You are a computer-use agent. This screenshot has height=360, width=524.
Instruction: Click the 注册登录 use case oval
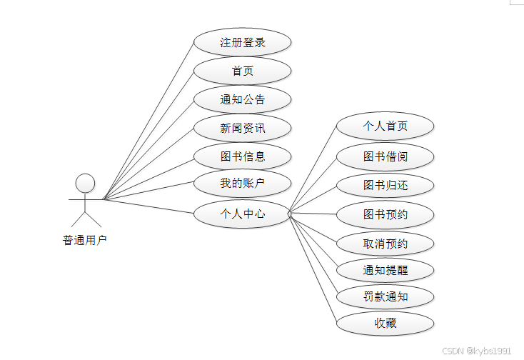(243, 42)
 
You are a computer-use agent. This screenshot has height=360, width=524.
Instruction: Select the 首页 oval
(243, 71)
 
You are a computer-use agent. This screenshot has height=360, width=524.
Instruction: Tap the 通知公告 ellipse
(243, 99)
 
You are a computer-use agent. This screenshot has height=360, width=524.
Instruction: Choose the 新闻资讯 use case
(243, 128)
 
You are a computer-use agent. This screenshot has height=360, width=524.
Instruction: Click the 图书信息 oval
(243, 156)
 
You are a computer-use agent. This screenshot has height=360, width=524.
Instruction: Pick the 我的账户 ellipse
(243, 184)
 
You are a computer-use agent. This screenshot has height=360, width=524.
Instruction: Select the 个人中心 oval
(243, 212)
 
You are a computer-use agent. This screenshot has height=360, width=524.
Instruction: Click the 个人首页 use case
(386, 126)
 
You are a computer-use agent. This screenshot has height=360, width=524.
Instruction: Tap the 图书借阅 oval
(386, 156)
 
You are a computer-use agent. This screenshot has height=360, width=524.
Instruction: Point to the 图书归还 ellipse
(386, 185)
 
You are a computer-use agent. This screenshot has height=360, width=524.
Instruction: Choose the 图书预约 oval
(386, 214)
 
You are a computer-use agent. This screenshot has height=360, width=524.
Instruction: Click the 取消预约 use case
(386, 244)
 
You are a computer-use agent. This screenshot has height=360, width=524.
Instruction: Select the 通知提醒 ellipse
(386, 269)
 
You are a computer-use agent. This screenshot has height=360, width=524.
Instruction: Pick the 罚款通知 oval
(386, 296)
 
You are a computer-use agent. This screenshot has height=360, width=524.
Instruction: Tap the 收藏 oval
(386, 322)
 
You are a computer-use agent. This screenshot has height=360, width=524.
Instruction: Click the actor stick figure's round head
(86, 183)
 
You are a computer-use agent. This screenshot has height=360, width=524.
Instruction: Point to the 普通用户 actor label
(85, 240)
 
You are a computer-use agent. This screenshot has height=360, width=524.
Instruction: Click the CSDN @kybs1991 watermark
(476, 351)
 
